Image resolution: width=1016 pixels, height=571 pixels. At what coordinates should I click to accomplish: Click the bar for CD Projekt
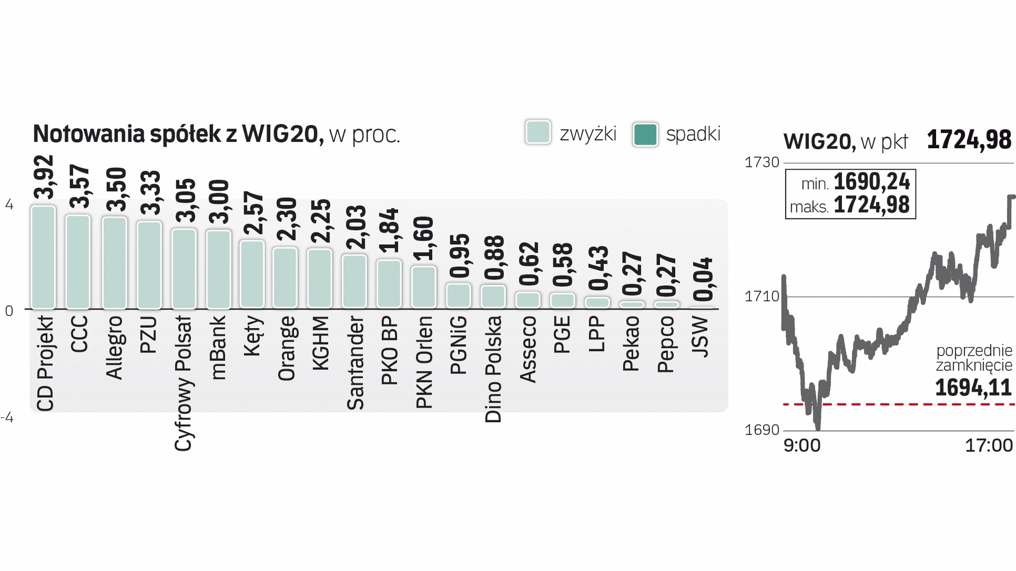(x=43, y=257)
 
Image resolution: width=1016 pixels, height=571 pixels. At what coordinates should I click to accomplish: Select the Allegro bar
(x=114, y=262)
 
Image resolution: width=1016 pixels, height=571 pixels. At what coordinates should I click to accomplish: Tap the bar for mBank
(x=218, y=269)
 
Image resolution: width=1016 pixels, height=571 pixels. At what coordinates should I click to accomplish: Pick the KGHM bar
(x=320, y=278)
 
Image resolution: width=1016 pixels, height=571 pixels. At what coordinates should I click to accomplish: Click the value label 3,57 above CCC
(x=79, y=186)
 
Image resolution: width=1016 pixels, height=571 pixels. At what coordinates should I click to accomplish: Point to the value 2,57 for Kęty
(x=253, y=213)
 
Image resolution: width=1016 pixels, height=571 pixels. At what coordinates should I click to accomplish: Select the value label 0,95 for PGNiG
(x=459, y=256)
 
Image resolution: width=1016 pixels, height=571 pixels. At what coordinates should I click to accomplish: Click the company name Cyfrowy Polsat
(x=183, y=383)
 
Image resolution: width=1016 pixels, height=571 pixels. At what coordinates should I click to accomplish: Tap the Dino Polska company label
(x=493, y=369)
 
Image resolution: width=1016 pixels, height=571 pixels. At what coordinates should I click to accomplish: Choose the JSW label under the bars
(x=700, y=337)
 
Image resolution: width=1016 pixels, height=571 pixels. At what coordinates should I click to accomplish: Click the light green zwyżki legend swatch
(x=538, y=133)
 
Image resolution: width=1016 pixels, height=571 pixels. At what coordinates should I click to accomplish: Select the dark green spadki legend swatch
(x=645, y=134)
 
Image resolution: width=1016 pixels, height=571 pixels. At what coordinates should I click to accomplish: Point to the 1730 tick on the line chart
(x=762, y=162)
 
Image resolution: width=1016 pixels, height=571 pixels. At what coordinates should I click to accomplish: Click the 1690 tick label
(x=762, y=430)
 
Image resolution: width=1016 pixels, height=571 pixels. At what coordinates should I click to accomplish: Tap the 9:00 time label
(x=802, y=446)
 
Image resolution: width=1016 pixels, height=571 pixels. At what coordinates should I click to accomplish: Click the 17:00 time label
(x=988, y=446)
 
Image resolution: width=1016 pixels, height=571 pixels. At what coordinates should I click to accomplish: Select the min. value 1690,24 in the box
(x=872, y=182)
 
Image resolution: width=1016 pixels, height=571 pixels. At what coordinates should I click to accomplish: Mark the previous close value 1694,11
(x=973, y=388)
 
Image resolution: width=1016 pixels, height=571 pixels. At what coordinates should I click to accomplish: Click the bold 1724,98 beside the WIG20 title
(x=969, y=140)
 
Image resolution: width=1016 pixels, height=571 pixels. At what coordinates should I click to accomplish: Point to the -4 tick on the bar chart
(x=7, y=418)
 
